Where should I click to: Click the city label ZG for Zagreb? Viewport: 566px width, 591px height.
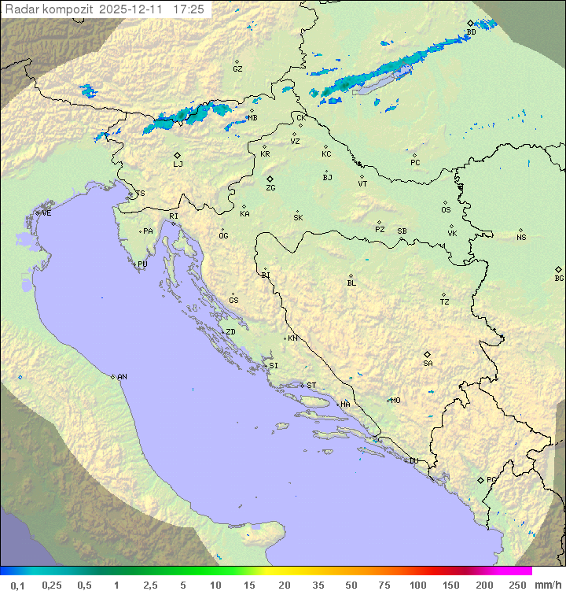270,188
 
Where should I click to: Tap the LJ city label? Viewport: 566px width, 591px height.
178,164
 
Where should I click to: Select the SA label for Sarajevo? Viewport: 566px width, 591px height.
428,363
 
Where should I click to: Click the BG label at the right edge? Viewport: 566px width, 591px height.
559,278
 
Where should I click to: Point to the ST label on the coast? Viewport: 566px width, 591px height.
311,386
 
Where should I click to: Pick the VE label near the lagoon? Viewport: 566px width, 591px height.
46,213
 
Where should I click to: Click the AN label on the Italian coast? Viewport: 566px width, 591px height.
122,377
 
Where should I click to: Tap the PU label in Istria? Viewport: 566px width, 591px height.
142,264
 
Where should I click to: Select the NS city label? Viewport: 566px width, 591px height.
521,238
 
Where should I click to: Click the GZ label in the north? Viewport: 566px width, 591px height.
237,69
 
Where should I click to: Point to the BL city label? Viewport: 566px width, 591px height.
351,283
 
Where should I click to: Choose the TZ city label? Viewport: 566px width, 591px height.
444,302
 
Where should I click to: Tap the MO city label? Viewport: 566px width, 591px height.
395,401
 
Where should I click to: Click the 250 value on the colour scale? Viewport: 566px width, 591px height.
517,585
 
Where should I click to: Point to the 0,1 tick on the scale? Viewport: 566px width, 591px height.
17,585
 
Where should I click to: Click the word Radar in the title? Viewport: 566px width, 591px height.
20,9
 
